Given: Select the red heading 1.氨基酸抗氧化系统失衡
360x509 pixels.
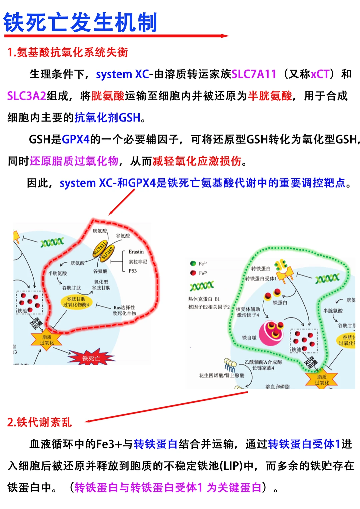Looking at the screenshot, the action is click(x=68, y=52).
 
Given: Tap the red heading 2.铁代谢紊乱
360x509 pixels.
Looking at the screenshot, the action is click(x=39, y=422).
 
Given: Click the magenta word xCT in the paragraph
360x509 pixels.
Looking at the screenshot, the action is click(x=320, y=74).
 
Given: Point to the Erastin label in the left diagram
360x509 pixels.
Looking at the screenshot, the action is click(x=136, y=252).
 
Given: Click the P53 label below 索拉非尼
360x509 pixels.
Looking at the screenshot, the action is click(x=133, y=271).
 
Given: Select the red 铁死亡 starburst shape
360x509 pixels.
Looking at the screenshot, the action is click(x=91, y=358).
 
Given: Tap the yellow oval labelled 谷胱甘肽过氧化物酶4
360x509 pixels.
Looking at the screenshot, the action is click(x=76, y=302).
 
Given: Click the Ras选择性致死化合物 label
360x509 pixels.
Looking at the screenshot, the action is click(x=124, y=310).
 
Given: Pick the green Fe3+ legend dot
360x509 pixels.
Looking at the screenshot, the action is click(x=193, y=263).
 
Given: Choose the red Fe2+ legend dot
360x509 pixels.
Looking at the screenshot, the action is click(x=193, y=273).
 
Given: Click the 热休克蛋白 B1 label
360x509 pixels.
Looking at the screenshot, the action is click(x=204, y=299).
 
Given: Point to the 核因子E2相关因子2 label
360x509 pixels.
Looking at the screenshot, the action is click(x=209, y=307).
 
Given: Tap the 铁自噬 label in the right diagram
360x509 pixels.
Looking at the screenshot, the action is click(x=249, y=337).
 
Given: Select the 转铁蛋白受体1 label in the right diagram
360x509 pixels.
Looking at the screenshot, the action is click(x=261, y=278).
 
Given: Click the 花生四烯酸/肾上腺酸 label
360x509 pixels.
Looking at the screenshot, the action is click(x=221, y=375).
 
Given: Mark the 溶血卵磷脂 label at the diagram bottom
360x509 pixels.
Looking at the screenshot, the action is click(x=277, y=386).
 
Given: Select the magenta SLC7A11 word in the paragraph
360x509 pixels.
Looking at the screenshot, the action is click(x=254, y=74).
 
